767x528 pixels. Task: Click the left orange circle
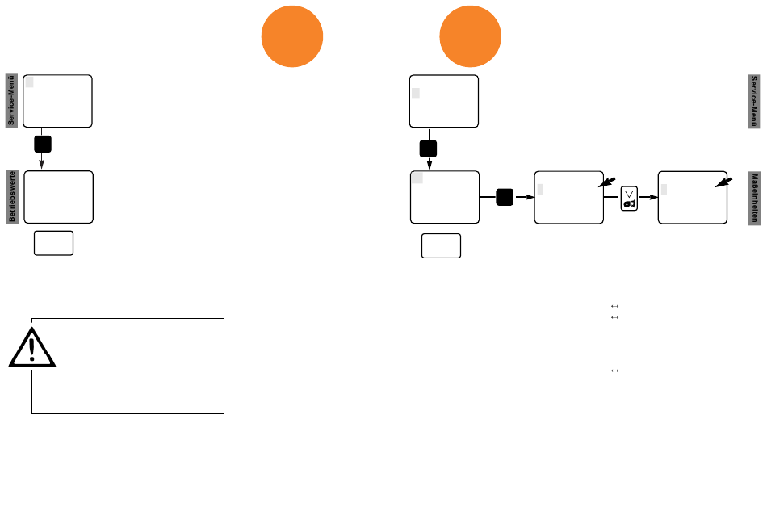[x=292, y=36]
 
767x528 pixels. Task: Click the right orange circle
[x=470, y=36]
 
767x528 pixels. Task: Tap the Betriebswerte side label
[x=12, y=196]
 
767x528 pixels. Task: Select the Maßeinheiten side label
[x=754, y=198]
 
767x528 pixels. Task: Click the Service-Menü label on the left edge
[x=12, y=100]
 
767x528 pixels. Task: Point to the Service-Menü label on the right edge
[x=754, y=101]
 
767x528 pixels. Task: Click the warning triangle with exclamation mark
[x=32, y=348]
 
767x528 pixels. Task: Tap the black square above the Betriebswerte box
[x=43, y=145]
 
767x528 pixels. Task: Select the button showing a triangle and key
[x=629, y=198]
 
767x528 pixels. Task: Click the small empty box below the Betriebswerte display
[x=54, y=243]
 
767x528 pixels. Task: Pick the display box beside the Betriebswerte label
[x=58, y=197]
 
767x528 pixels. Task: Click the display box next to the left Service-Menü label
[x=57, y=101]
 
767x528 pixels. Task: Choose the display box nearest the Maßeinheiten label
[x=693, y=197]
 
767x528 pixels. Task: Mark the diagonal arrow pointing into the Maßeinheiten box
[x=724, y=182]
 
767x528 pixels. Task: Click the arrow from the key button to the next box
[x=648, y=197]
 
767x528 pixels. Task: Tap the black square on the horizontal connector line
[x=505, y=197]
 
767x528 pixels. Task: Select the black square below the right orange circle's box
[x=428, y=149]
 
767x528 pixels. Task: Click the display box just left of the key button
[x=569, y=197]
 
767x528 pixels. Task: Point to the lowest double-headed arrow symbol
[x=615, y=371]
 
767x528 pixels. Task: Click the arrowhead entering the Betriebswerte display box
[x=41, y=165]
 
